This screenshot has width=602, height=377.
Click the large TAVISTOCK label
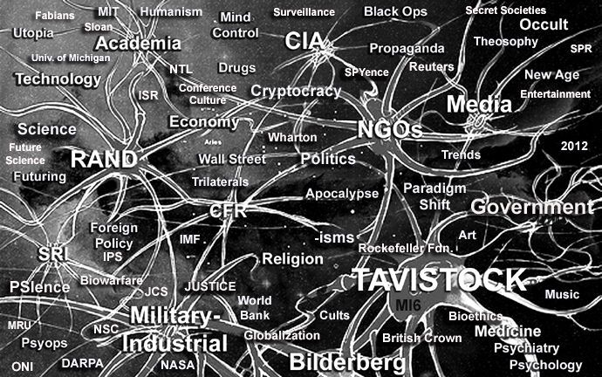[x=440, y=281]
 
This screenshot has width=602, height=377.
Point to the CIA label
[x=304, y=39]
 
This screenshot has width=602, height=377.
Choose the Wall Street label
[x=231, y=159]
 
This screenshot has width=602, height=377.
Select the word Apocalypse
[x=342, y=193]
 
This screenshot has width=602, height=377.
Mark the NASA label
[x=178, y=365]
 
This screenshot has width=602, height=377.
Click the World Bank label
[x=254, y=307]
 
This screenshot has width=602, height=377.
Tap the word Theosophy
[x=505, y=41]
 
